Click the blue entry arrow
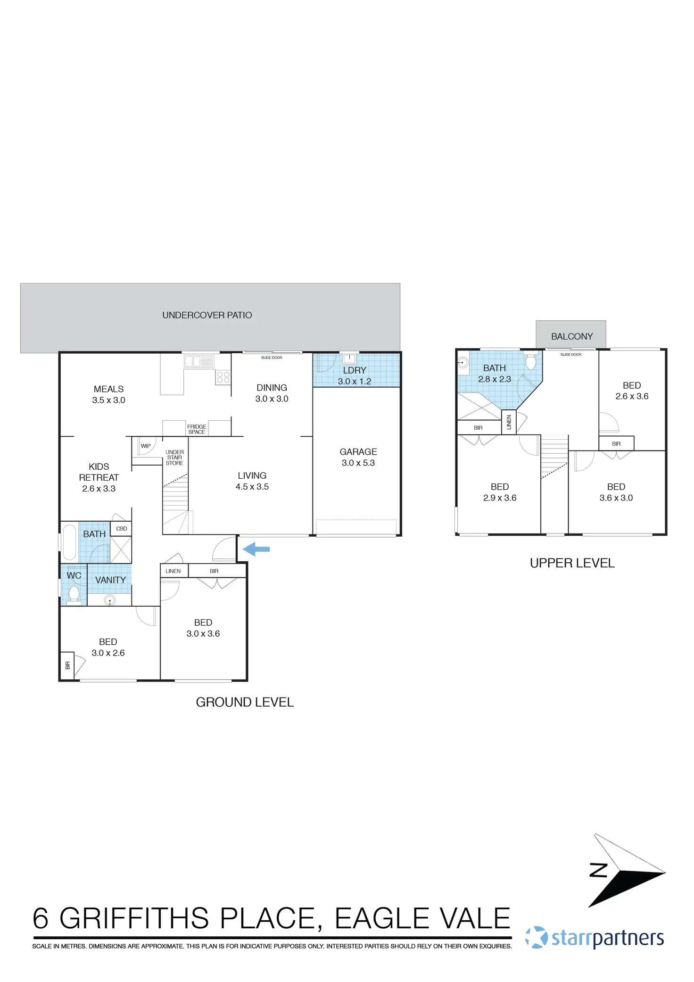tap(256, 549)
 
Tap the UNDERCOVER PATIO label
tap(207, 315)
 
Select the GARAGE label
tap(358, 452)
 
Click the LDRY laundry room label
tap(355, 371)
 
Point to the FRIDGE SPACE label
tap(197, 429)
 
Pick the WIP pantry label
tap(146, 446)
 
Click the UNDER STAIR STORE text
tap(174, 458)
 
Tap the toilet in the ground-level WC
tap(74, 593)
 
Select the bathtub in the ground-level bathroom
tap(69, 542)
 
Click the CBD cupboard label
tap(122, 529)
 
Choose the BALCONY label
tap(572, 336)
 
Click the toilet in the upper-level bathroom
tap(531, 361)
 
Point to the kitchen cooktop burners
tap(223, 377)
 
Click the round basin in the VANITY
tap(110, 600)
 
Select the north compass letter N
tap(598, 870)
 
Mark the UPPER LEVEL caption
tap(572, 563)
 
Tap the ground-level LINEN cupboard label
tap(173, 571)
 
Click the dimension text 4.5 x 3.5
tap(252, 487)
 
